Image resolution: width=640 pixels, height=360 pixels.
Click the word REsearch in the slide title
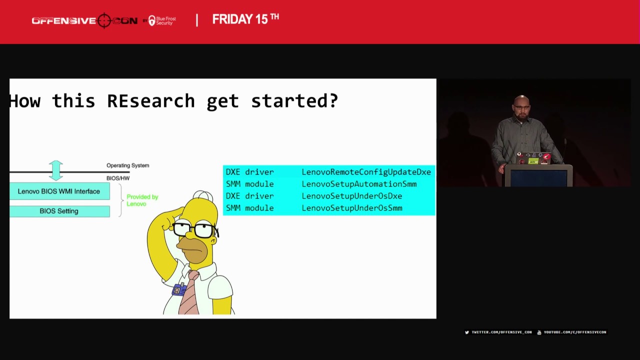pyautogui.click(x=150, y=101)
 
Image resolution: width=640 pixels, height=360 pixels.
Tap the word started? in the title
pyautogui.click(x=294, y=101)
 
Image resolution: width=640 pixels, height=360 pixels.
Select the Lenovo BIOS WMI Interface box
pyautogui.click(x=59, y=191)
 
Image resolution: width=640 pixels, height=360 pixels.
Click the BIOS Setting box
pyautogui.click(x=59, y=211)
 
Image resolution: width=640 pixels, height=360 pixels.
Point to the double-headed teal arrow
pyautogui.click(x=56, y=170)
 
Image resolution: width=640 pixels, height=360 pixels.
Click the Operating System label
pyautogui.click(x=127, y=165)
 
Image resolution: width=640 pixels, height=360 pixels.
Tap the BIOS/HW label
pyautogui.click(x=118, y=178)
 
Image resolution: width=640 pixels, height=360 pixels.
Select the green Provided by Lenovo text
pyautogui.click(x=142, y=200)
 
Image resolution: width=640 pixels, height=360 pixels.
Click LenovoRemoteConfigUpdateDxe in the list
pyautogui.click(x=366, y=172)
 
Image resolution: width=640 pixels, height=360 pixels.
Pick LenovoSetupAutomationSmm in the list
pyautogui.click(x=359, y=184)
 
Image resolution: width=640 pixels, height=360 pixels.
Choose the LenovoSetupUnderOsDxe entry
pyautogui.click(x=351, y=196)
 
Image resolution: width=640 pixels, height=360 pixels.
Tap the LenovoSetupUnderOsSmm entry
pyautogui.click(x=351, y=208)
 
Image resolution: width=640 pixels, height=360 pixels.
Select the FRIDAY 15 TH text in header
pyautogui.click(x=245, y=19)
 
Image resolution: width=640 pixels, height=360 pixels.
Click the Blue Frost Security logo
pyautogui.click(x=162, y=20)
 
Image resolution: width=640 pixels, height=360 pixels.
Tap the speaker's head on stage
pyautogui.click(x=521, y=106)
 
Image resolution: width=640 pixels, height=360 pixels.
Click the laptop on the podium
pyautogui.click(x=533, y=158)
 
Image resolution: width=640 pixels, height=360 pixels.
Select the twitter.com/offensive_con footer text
pyautogui.click(x=501, y=332)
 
